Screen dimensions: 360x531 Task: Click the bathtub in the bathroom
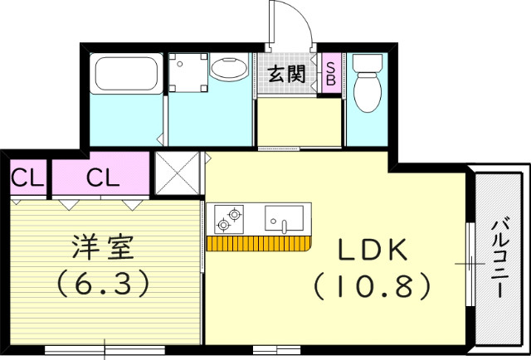(127, 75)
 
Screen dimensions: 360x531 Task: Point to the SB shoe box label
(329, 74)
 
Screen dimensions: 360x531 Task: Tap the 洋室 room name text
(104, 246)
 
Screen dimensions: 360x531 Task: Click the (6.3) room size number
(104, 285)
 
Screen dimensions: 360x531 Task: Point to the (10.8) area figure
(372, 286)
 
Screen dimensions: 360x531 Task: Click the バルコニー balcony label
(500, 258)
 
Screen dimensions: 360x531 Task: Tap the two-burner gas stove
(230, 219)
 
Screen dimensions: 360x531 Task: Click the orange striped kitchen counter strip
(257, 243)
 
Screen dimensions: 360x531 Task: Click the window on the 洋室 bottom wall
(104, 349)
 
